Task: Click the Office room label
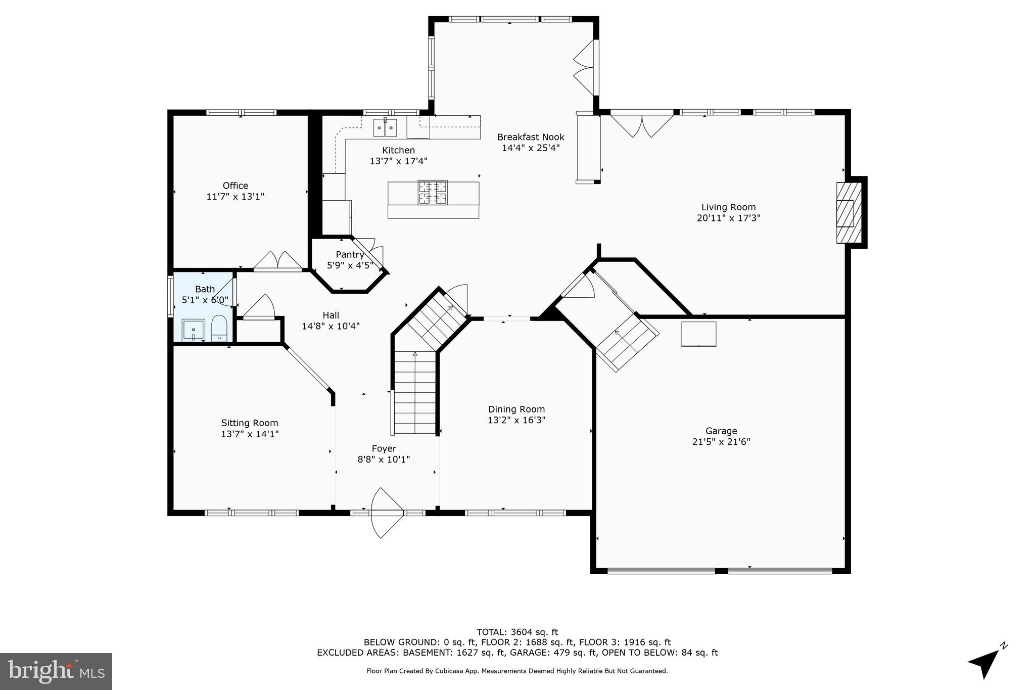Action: click(235, 186)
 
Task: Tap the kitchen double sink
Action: click(385, 128)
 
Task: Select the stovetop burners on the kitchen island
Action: click(433, 192)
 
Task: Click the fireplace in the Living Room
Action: click(848, 212)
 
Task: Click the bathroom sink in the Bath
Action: click(193, 330)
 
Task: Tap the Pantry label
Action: click(350, 254)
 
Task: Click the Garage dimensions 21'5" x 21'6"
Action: click(721, 442)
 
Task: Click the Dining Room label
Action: click(516, 409)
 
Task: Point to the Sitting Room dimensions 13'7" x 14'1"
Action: click(250, 434)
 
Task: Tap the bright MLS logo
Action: click(56, 671)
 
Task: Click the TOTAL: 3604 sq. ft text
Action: click(517, 632)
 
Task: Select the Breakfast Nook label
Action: click(530, 137)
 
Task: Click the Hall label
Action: click(331, 315)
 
